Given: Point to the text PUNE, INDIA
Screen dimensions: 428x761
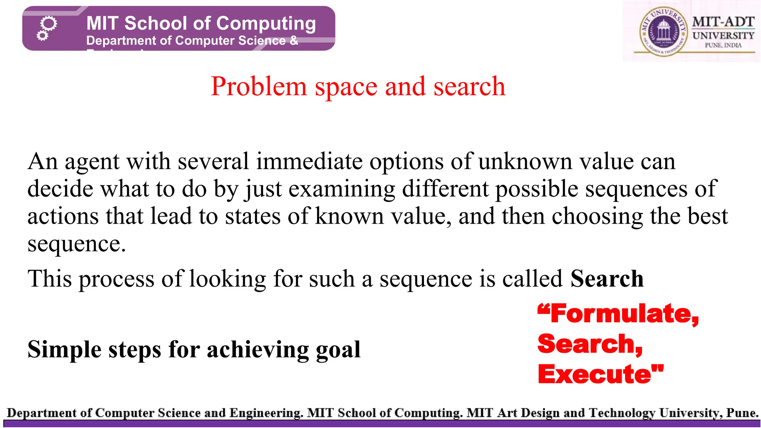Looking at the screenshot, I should click(723, 45).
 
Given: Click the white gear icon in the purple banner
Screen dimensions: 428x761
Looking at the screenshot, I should click(47, 28).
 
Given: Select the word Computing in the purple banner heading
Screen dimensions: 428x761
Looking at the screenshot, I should click(266, 23).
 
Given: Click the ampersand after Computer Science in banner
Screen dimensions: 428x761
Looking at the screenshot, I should click(294, 40).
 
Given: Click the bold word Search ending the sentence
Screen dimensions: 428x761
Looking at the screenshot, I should click(607, 279).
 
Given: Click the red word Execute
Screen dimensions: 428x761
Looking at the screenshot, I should click(595, 374).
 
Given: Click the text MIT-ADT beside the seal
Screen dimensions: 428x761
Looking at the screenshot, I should click(723, 22).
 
